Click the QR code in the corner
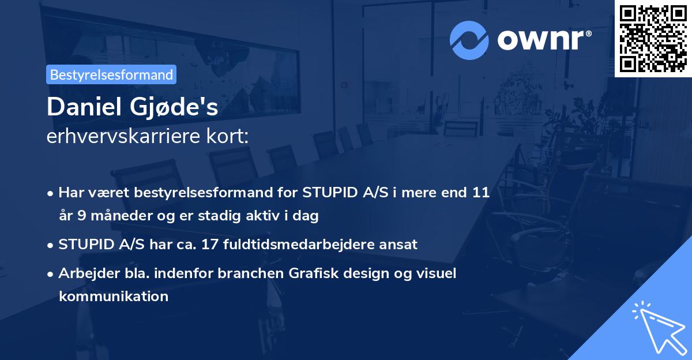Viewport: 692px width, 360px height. (653, 38)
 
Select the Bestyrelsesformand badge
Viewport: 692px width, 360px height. (111, 74)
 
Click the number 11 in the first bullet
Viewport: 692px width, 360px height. (481, 193)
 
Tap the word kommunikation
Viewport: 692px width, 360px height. (113, 297)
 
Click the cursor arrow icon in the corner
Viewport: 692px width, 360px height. (657, 329)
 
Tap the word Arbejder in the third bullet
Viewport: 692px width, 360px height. (84, 273)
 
